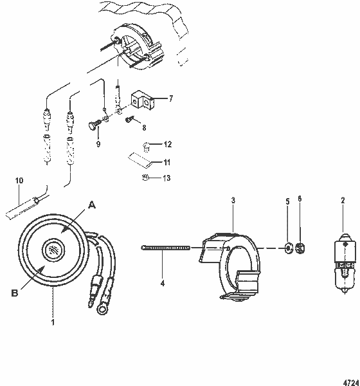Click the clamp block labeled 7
pyautogui.click(x=143, y=99)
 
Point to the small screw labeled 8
pyautogui.click(x=129, y=118)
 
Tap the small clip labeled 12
pyautogui.click(x=146, y=145)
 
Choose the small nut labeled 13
pyautogui.click(x=145, y=178)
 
